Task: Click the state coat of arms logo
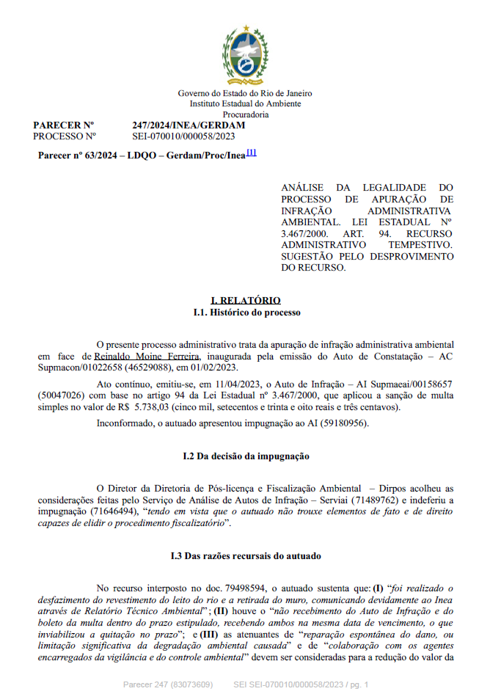coord(245,54)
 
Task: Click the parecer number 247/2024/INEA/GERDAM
coord(189,125)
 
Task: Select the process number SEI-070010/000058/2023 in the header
coord(183,136)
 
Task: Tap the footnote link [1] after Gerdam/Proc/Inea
coord(251,153)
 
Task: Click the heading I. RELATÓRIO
coord(245,301)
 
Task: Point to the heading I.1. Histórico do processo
coord(245,313)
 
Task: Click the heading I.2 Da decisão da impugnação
coord(245,456)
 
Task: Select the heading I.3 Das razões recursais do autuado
coord(245,556)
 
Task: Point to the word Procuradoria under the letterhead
coord(245,114)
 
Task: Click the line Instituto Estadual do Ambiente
coord(245,104)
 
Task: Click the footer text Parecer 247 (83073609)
coord(167,684)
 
